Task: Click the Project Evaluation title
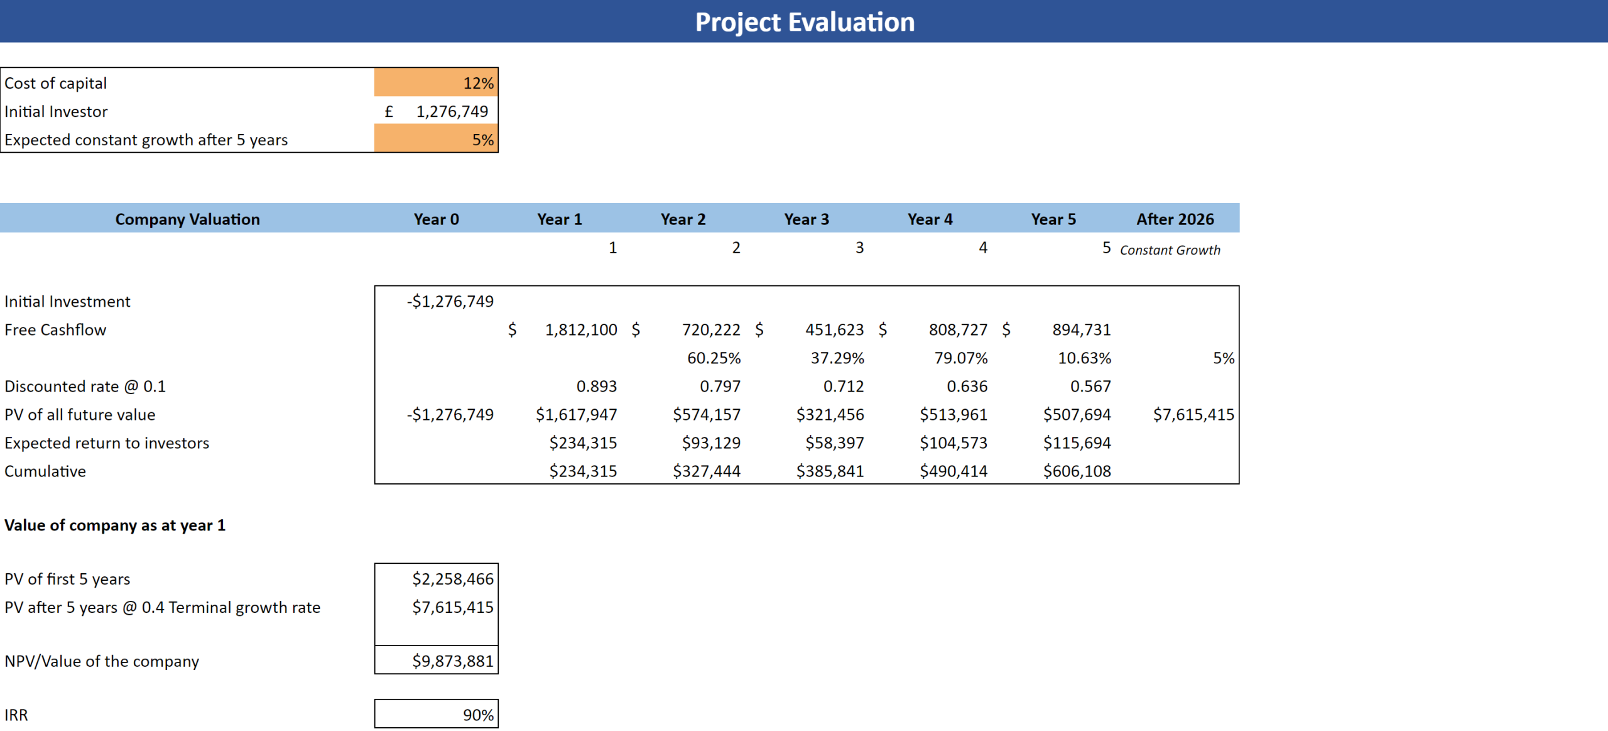804,22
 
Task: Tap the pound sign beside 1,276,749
389,112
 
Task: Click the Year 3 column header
806,219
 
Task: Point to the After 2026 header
1175,219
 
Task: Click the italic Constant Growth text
1170,250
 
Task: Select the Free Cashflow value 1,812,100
580,330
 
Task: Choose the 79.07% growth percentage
960,358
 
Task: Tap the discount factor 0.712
843,387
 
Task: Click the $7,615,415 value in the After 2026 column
1193,415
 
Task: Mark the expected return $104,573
953,443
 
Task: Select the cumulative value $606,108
1077,471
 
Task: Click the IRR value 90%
478,715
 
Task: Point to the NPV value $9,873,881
452,661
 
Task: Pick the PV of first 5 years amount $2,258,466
452,579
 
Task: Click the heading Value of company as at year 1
115,525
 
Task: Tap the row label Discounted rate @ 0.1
85,387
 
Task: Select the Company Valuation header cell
187,219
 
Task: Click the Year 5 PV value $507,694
1077,415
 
